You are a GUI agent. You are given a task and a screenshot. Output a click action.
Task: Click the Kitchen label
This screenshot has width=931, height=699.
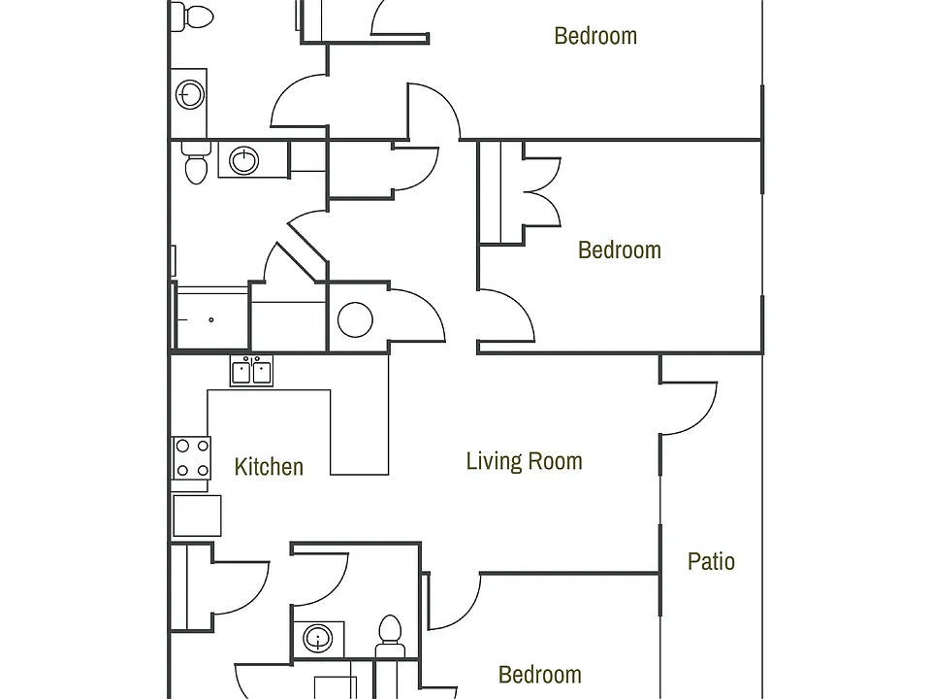pyautogui.click(x=269, y=467)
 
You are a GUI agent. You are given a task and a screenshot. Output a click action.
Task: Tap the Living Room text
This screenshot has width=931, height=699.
pyautogui.click(x=525, y=461)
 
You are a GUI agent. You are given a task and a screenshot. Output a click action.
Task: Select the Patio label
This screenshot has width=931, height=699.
pyautogui.click(x=711, y=561)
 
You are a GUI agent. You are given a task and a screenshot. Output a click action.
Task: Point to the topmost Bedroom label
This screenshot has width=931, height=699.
pyautogui.click(x=595, y=36)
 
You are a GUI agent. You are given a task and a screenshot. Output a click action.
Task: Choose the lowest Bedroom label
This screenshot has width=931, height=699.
pyautogui.click(x=540, y=675)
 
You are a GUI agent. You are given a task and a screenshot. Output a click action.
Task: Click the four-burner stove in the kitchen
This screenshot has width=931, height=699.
pyautogui.click(x=191, y=457)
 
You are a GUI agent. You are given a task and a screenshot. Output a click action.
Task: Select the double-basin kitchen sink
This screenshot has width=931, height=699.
pyautogui.click(x=252, y=371)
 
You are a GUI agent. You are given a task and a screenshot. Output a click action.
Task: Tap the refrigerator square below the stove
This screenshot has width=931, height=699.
pyautogui.click(x=197, y=516)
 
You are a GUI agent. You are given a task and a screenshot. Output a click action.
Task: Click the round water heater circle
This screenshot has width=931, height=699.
pyautogui.click(x=355, y=319)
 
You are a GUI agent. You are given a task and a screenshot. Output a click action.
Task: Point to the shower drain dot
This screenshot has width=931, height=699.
pyautogui.click(x=210, y=319)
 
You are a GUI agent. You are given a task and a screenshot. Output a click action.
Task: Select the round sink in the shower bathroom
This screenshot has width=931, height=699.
pyautogui.click(x=244, y=160)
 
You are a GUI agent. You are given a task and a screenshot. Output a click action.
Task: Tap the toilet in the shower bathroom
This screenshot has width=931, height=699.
pyautogui.click(x=196, y=162)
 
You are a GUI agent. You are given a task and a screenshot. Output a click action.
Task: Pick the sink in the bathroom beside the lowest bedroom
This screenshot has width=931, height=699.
pyautogui.click(x=318, y=639)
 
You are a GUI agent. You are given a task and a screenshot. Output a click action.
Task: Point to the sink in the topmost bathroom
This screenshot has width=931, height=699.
pyautogui.click(x=190, y=94)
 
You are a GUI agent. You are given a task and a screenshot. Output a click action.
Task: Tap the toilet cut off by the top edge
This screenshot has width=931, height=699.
pyautogui.click(x=192, y=17)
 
